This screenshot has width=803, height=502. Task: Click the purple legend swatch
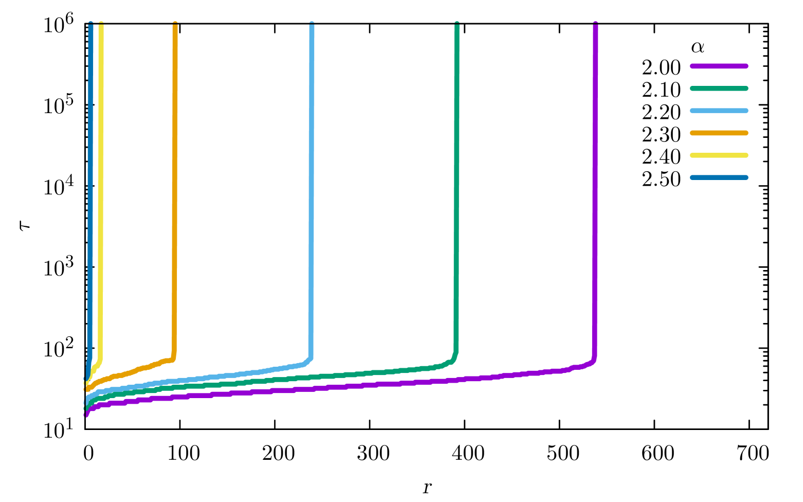tap(719, 66)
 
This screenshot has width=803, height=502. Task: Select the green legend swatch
tap(719, 88)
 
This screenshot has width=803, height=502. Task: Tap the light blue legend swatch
tap(719, 111)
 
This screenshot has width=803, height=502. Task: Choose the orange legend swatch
tap(719, 133)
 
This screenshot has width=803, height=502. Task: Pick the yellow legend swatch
tap(719, 155)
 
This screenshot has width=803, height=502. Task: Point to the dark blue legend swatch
tap(719, 177)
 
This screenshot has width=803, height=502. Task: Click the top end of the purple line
tap(595, 24)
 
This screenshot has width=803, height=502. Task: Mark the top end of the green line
tap(457, 24)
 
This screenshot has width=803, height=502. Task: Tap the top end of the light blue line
tap(312, 24)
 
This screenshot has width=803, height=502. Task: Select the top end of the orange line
tap(175, 24)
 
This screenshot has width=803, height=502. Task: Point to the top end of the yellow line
tap(101, 24)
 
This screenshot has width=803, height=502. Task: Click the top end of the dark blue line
tap(90, 24)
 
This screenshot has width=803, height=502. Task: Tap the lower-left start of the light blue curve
tap(87, 402)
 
